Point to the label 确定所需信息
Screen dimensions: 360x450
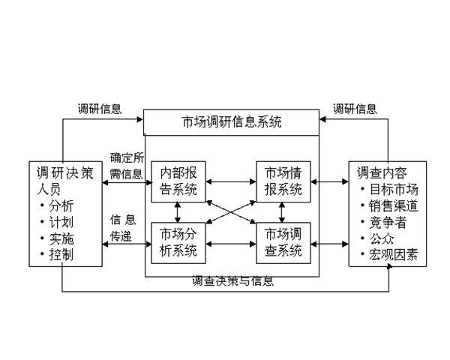126,166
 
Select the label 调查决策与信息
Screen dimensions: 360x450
232,282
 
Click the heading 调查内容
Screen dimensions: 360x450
382,171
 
